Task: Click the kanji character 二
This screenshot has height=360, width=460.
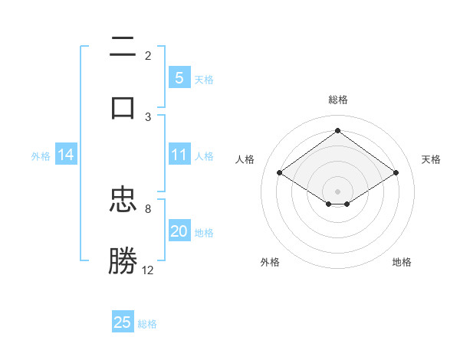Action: coord(123,47)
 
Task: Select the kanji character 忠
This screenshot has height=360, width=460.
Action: coord(123,201)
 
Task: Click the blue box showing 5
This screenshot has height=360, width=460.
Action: coord(179,77)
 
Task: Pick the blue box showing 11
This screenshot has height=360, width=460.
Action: coord(179,155)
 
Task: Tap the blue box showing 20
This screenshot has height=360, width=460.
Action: coord(179,231)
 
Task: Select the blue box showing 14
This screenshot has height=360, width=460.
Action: coord(66,155)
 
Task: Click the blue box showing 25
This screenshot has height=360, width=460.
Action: coord(123,322)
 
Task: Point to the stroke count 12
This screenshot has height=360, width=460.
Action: coord(148,270)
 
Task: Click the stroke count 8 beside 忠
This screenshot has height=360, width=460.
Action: coord(148,208)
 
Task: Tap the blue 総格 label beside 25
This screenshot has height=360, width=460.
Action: coord(147,324)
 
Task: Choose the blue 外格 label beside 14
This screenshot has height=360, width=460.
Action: coord(41,155)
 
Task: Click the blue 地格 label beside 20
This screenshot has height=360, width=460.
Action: coord(204,233)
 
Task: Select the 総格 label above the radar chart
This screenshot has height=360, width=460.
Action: coord(337,100)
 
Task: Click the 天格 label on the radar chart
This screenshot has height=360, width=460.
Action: coord(431,159)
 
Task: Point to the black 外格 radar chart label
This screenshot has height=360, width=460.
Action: coord(270,262)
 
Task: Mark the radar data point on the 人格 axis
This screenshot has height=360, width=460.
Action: coord(280,173)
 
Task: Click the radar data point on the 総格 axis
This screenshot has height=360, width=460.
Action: coord(337,131)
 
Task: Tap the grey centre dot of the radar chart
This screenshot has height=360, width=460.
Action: coord(337,191)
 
